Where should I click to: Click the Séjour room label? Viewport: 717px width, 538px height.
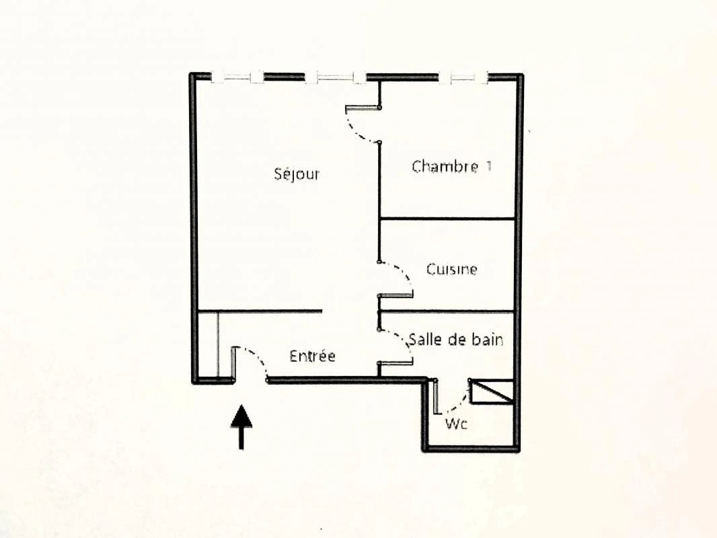click(297, 174)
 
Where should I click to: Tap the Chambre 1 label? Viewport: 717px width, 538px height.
click(451, 166)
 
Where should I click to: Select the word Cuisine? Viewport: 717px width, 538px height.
click(452, 269)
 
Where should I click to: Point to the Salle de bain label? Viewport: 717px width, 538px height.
click(456, 340)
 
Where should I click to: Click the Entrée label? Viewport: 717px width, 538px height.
click(312, 356)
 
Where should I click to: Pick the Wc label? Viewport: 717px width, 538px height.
click(456, 424)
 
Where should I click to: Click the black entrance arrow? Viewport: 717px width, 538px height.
click(241, 426)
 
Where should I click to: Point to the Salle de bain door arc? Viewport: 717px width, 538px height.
click(404, 343)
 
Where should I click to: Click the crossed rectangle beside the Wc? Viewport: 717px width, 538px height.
click(492, 391)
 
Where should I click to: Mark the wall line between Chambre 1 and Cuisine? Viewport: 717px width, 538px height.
click(447, 219)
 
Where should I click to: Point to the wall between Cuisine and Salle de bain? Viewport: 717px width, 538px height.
click(447, 311)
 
